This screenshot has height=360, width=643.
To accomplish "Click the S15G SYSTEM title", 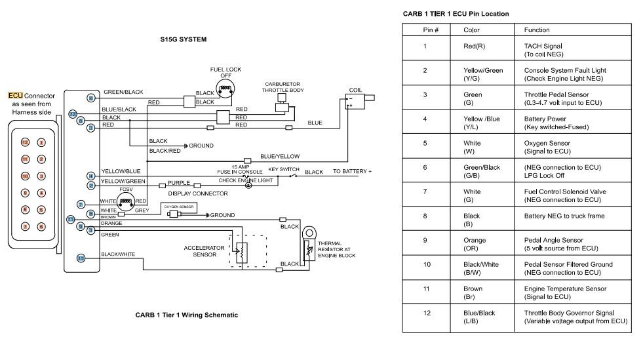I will (x=184, y=39).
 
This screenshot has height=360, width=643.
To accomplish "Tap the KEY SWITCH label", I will (x=284, y=169).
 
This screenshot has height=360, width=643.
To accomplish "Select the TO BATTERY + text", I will (x=352, y=171).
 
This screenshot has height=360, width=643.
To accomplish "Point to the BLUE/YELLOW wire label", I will (x=280, y=156).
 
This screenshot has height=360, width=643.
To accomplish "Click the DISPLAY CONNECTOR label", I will (x=197, y=193).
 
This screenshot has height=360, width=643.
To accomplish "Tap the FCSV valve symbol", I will (x=126, y=202).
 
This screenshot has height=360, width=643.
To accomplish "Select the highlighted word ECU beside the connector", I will (x=14, y=96).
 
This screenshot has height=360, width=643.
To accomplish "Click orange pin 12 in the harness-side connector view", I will (x=25, y=142).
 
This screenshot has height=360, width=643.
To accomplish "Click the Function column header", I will (x=537, y=30).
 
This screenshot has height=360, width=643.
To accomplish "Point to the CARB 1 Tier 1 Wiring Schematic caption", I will (x=186, y=315).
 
